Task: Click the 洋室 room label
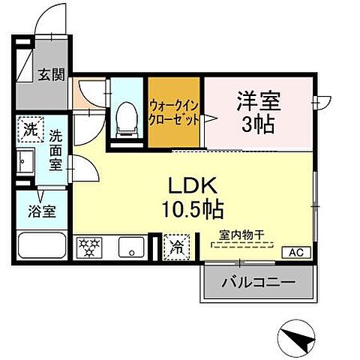pos(259,100)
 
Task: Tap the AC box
pos(294,252)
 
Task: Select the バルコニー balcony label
pos(257,283)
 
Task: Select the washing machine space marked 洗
pos(31,128)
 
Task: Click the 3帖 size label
pos(259,124)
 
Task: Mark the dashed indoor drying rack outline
pos(241,245)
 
